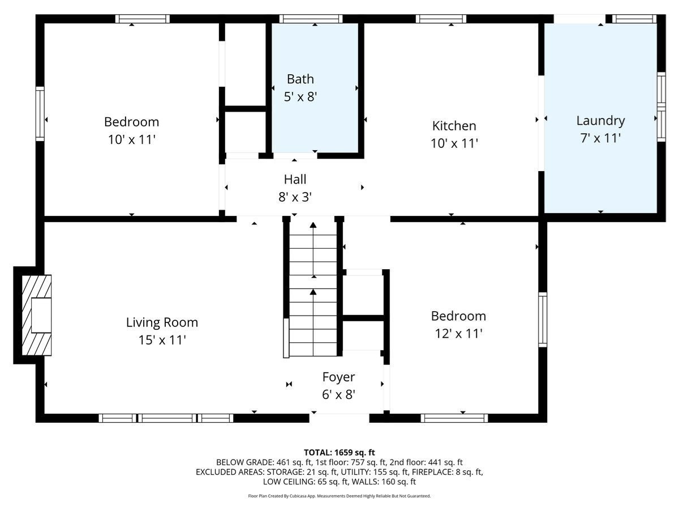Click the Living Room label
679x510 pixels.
(162, 322)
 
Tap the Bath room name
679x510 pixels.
(300, 79)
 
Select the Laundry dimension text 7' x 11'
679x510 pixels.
(600, 138)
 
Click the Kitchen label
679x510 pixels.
(454, 126)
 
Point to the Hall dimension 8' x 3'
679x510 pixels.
(295, 197)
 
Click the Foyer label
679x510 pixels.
(338, 377)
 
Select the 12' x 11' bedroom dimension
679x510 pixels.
(458, 334)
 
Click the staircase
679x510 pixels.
(313, 289)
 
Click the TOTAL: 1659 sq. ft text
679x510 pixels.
(339, 452)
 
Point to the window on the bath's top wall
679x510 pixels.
(311, 19)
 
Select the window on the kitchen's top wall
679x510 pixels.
(441, 19)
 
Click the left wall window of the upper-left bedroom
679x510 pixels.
(40, 113)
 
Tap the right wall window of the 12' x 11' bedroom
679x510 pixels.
(543, 319)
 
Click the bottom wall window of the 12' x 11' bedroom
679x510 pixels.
(454, 418)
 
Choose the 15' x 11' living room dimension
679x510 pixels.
(162, 340)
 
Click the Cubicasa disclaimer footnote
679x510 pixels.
(339, 496)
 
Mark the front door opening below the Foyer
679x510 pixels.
(339, 418)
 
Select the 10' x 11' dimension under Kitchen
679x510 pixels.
(454, 143)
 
